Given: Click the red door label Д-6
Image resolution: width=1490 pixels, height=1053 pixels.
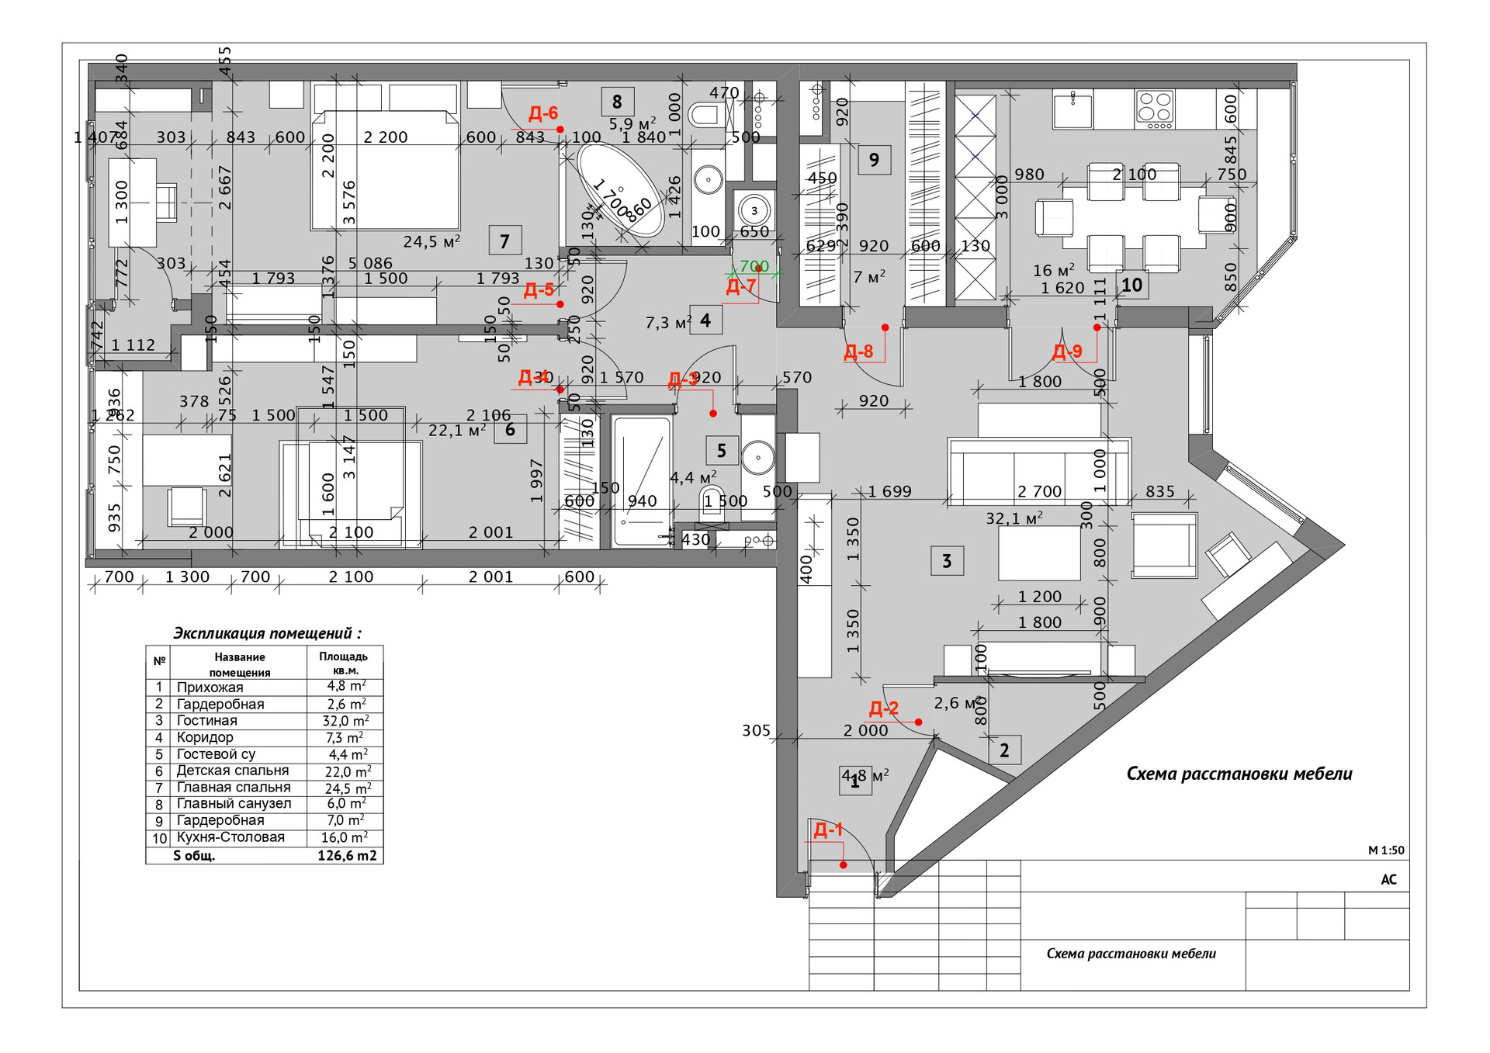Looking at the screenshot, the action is (x=543, y=114).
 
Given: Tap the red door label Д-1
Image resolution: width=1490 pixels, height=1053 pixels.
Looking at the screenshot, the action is (x=828, y=830).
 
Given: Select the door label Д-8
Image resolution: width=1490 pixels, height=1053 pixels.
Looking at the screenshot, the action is (x=858, y=352).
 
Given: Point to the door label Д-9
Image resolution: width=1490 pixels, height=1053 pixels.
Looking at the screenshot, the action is (x=1067, y=352).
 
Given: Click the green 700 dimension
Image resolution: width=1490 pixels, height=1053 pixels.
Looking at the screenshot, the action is (x=754, y=267).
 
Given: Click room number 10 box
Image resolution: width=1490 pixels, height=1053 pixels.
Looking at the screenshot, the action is (x=1131, y=285).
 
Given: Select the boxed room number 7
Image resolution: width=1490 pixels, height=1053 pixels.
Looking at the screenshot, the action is (x=504, y=241).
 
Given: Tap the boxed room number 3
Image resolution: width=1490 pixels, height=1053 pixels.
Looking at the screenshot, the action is (x=947, y=561).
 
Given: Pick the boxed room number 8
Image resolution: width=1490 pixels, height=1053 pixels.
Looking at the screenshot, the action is (x=617, y=102).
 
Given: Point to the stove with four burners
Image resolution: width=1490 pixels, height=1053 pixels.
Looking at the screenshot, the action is (x=1155, y=109).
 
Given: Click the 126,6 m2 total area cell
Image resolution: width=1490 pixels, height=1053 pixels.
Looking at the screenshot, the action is (x=347, y=856).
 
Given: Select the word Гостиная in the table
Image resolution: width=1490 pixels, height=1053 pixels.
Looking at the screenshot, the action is (x=206, y=721).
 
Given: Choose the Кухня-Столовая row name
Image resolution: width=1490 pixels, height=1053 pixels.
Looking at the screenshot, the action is (x=230, y=837).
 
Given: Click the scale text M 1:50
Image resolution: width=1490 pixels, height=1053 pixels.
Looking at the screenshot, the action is (x=1386, y=850).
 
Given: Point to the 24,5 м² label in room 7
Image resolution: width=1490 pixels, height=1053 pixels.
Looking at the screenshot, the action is (x=431, y=242).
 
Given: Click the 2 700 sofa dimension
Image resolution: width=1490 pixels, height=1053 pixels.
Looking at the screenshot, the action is (x=1039, y=491).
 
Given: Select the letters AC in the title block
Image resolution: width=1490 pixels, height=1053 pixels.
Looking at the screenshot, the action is (x=1388, y=879).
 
